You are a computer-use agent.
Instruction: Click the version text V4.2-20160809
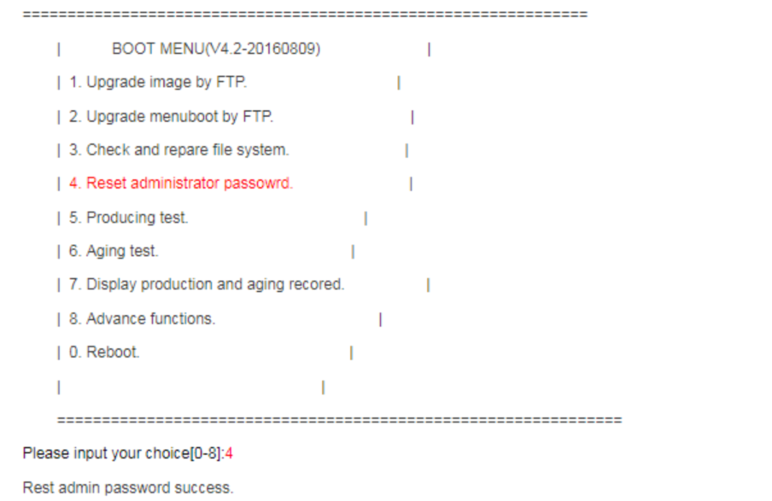point(265,49)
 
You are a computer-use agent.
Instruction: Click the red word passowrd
point(258,184)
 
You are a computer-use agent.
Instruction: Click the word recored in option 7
point(318,285)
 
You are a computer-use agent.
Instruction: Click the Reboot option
point(112,352)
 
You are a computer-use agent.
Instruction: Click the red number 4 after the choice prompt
point(229,453)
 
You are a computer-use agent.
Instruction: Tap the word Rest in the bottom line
point(37,487)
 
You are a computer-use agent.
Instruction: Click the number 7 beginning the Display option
point(74,285)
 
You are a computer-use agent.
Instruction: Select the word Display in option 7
point(110,285)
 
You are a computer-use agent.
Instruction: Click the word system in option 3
point(266,150)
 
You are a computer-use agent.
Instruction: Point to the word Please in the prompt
point(44,453)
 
